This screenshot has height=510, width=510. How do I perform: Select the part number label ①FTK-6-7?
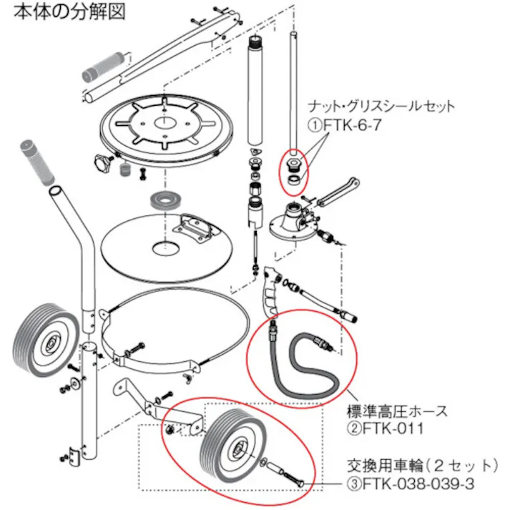click(x=342, y=123)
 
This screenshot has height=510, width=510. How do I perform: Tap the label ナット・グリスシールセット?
click(x=381, y=107)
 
